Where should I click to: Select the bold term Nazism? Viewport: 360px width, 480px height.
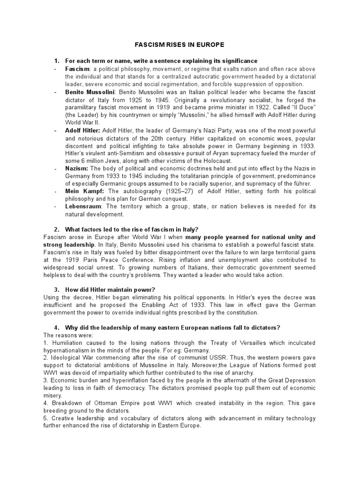tap(77, 168)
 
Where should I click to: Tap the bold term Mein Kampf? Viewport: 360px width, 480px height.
tap(82, 191)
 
